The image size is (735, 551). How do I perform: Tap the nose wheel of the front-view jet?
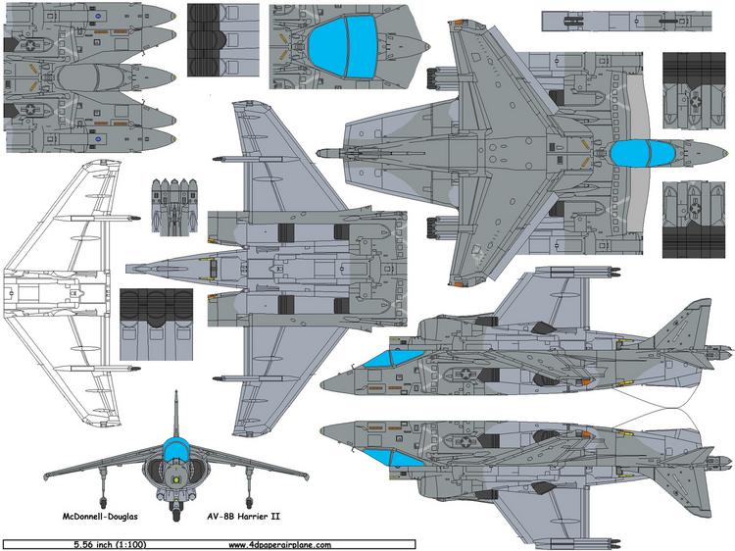[x=176, y=511]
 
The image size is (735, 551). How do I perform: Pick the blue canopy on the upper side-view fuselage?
[x=388, y=358]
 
